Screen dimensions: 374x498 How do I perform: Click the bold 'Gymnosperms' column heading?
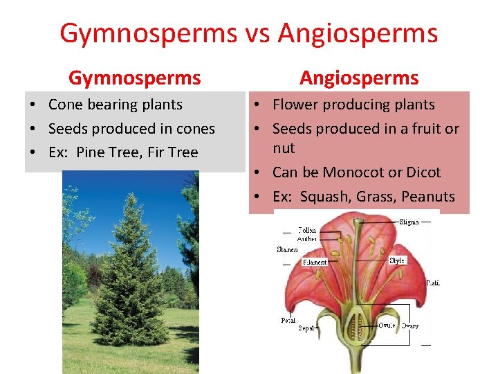point(134,78)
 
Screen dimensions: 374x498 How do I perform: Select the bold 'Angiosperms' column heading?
point(359,78)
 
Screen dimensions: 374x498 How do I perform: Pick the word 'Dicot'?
point(422,172)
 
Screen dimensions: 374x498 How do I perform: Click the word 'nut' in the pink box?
point(284,148)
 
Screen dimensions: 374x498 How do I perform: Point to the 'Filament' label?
point(315,262)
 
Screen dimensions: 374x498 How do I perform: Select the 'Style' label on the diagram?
point(397,260)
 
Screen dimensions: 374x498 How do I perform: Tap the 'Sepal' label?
point(306,328)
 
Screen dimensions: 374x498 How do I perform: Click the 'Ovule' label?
point(387,325)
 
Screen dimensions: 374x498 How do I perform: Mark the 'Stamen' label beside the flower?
point(287,249)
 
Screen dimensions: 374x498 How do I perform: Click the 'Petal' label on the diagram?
point(288,320)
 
